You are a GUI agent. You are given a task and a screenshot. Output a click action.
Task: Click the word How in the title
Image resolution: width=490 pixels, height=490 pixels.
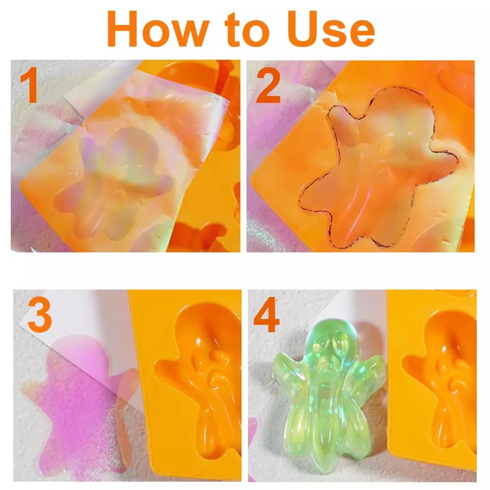(x=158, y=29)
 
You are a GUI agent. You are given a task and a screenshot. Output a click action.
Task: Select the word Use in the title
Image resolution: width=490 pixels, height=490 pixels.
(x=331, y=29)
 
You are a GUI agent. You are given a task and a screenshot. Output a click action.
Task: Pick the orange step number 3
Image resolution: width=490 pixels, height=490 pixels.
(x=40, y=315)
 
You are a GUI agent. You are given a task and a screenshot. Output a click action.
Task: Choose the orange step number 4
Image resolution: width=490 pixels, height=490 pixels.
(x=266, y=315)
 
